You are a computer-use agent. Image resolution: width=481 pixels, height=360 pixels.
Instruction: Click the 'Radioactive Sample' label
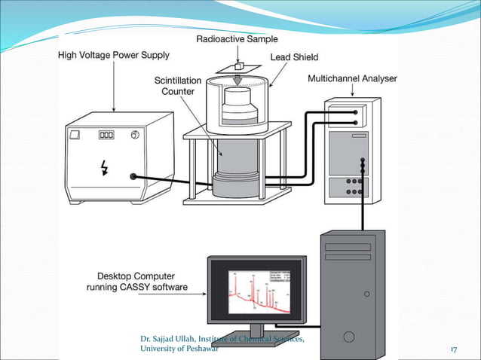click(x=237, y=39)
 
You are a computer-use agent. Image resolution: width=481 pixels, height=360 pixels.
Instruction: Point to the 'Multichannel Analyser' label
click(x=352, y=78)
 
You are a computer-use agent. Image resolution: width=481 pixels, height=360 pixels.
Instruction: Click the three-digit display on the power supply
click(x=107, y=136)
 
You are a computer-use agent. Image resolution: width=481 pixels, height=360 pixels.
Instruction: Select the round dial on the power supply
click(x=134, y=136)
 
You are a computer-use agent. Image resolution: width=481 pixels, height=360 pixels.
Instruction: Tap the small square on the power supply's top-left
click(x=74, y=136)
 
